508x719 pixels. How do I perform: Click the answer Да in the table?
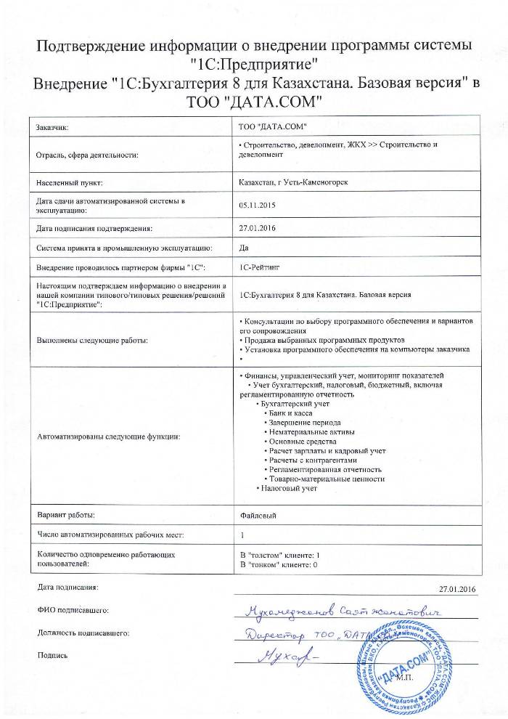(244, 248)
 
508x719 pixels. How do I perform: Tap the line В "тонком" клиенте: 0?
(279, 564)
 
